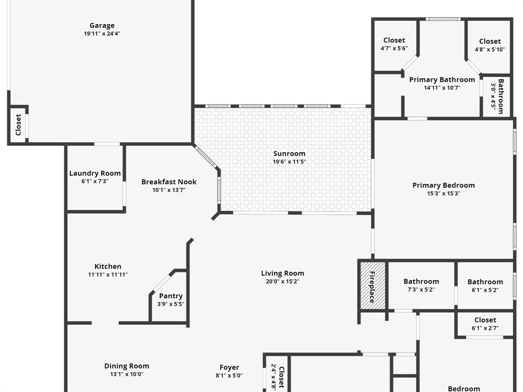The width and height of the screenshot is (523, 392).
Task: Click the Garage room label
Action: click(x=102, y=26)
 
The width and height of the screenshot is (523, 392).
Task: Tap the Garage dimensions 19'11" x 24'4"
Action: click(x=102, y=34)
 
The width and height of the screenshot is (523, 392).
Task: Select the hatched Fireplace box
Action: click(x=372, y=285)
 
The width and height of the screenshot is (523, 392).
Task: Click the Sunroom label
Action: click(x=289, y=154)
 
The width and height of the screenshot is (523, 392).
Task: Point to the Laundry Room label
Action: click(x=95, y=174)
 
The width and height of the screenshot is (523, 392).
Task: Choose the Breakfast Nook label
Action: click(x=169, y=182)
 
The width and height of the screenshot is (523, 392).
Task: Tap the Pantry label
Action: click(x=171, y=296)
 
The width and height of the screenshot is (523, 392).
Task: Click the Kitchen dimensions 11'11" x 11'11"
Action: click(x=108, y=275)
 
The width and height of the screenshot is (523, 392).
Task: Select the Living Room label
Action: click(x=282, y=274)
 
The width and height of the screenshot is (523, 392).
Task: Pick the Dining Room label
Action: click(x=127, y=366)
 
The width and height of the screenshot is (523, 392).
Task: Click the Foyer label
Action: click(x=229, y=367)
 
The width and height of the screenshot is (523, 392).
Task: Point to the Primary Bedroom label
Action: click(x=443, y=185)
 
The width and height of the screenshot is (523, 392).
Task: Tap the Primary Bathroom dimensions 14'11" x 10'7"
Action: click(x=442, y=88)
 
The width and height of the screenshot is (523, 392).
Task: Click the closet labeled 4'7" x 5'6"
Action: click(x=394, y=44)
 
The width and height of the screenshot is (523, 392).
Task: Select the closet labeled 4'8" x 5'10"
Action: click(x=490, y=45)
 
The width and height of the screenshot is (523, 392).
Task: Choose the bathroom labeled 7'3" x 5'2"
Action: click(x=421, y=285)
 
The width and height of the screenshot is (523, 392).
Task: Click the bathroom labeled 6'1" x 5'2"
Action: click(x=485, y=286)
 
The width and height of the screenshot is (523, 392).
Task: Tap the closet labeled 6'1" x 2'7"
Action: click(x=485, y=324)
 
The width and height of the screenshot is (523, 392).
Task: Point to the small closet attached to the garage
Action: click(x=18, y=124)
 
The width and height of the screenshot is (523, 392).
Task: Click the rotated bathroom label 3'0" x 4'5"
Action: click(x=497, y=96)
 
